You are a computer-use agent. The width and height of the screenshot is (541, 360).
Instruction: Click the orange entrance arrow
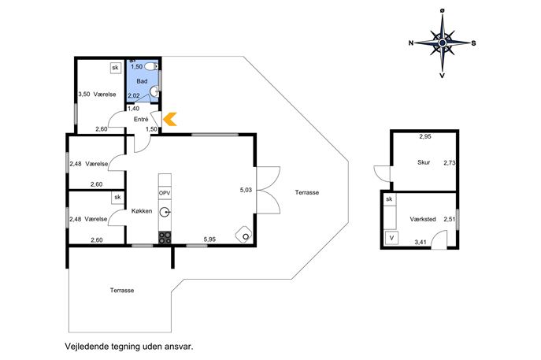click(170, 119)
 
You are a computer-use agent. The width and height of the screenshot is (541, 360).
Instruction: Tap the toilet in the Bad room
click(151, 66)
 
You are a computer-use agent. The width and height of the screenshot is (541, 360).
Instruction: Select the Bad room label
click(142, 81)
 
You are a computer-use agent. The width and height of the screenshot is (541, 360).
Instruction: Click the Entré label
click(141, 120)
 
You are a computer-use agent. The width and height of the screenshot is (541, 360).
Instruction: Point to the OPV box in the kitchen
click(165, 193)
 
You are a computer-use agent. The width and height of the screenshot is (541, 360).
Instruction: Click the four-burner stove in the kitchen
click(165, 238)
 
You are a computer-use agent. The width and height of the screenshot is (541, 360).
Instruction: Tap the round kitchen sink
click(165, 212)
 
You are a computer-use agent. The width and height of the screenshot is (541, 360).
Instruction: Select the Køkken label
click(142, 211)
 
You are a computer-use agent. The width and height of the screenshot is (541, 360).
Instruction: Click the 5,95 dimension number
click(209, 239)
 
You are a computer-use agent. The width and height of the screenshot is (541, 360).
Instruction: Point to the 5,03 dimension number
click(246, 190)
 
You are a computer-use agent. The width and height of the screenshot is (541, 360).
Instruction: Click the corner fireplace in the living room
click(244, 235)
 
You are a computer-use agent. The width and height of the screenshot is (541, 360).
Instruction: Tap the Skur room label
click(424, 162)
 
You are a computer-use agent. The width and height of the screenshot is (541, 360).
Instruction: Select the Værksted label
click(423, 219)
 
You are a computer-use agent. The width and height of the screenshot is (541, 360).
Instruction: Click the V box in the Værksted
click(391, 238)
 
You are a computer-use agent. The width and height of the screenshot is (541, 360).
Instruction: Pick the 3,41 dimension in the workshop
click(421, 243)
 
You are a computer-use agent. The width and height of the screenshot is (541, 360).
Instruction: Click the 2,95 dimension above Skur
click(425, 136)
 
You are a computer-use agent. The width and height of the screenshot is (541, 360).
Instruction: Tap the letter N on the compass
click(411, 43)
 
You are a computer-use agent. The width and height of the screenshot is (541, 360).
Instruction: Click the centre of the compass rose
click(443, 43)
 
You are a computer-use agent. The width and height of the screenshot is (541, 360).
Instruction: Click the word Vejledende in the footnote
click(87, 346)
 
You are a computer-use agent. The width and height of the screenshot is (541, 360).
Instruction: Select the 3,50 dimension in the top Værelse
click(84, 95)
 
